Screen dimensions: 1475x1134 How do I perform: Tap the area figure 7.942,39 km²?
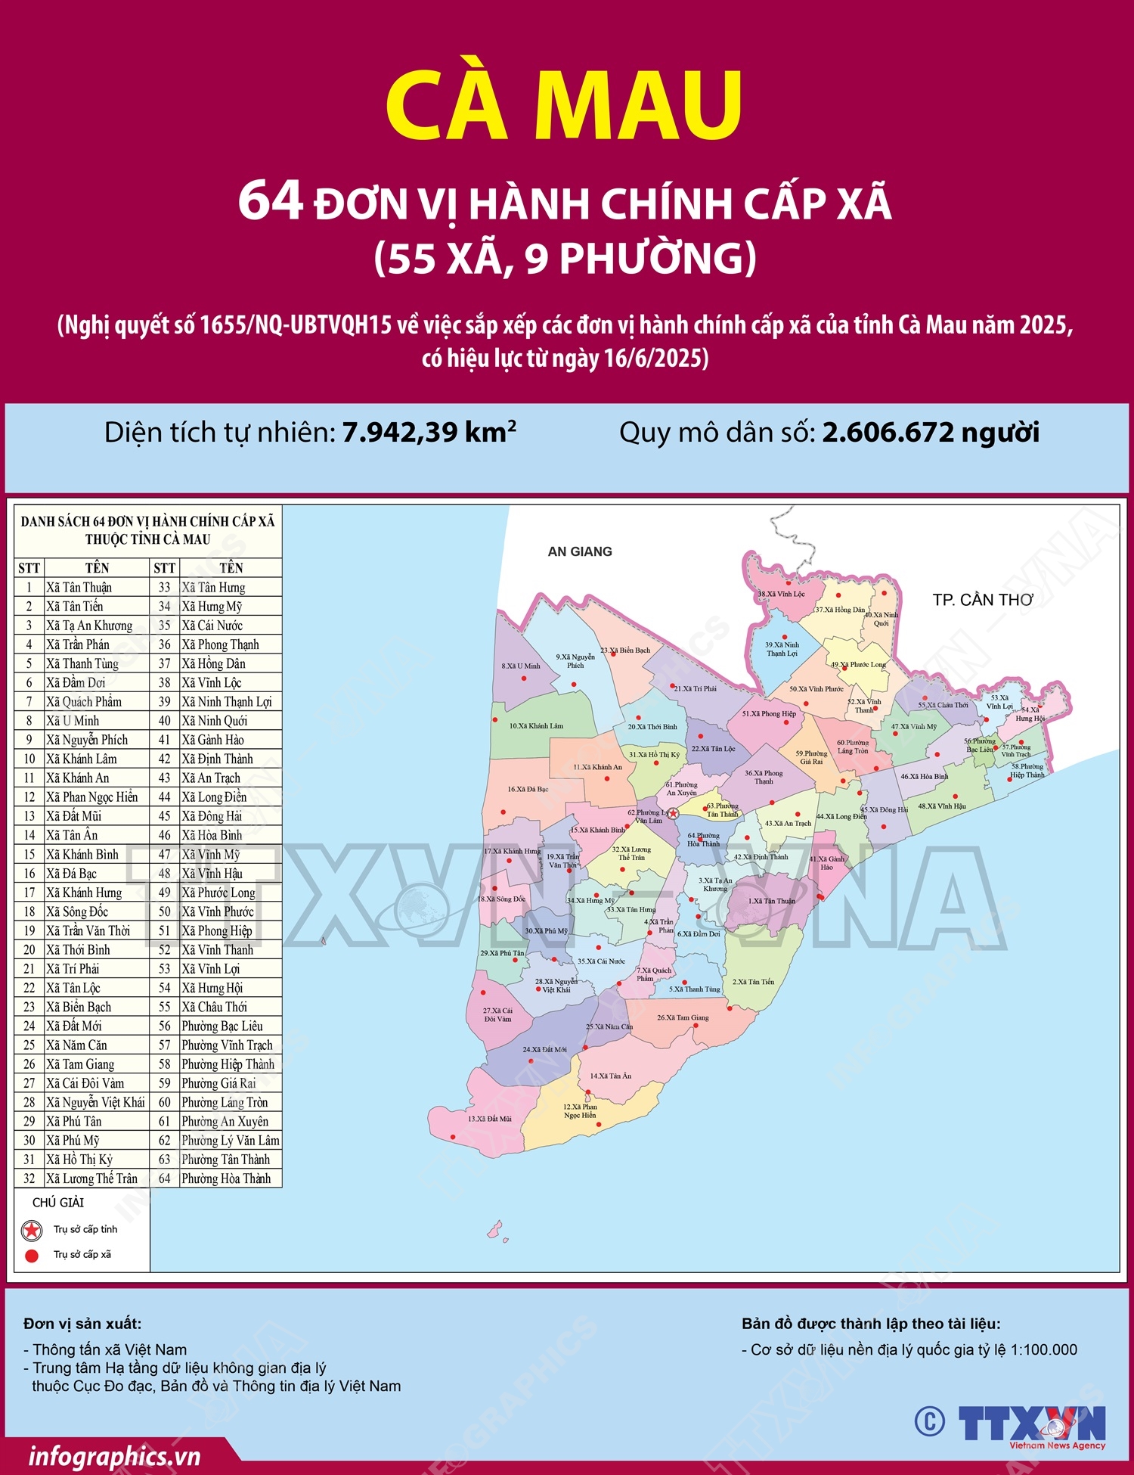coord(429,432)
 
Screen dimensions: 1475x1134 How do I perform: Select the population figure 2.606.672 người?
coord(930,433)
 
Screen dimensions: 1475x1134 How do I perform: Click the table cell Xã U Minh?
coord(73,721)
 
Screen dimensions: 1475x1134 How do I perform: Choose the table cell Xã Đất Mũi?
coord(73,816)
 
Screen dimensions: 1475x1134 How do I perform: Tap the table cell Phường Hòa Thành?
coord(226,1178)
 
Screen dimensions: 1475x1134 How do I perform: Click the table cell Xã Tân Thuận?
coord(79,587)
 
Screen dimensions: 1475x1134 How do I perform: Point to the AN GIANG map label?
coord(580,551)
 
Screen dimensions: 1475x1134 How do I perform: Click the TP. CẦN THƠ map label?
coord(983,600)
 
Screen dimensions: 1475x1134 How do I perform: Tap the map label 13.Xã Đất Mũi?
coord(489,1119)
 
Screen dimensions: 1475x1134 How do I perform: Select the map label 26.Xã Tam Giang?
coord(683,1017)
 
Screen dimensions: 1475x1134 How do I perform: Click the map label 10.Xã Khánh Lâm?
coord(536,726)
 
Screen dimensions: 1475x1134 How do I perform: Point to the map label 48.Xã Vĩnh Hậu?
coord(942,806)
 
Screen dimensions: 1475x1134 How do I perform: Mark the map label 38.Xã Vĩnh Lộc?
coord(781,594)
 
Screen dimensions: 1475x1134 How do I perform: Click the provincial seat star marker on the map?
coord(673,813)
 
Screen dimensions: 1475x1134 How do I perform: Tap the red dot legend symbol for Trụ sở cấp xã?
coord(32,1256)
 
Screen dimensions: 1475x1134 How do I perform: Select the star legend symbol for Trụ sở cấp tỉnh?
coord(32,1231)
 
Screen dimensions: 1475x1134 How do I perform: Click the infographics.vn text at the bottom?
coord(114,1457)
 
